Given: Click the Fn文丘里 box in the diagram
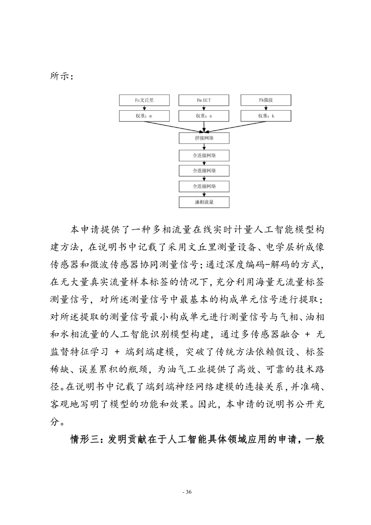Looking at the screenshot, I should pos(144,100).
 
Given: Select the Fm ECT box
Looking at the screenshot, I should pos(204,100).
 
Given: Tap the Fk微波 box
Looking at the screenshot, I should pos(266,100).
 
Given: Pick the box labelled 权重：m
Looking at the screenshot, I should pos(144,116).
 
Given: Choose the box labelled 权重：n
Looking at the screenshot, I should pos(204,116).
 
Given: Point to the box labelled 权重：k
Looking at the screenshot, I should pos(266,116).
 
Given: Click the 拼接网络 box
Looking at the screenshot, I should pos(204,138).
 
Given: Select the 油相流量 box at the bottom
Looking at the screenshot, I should pos(204,202).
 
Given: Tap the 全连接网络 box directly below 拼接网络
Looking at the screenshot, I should pos(204,155).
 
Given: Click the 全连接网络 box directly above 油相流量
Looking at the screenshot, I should pos(204,186).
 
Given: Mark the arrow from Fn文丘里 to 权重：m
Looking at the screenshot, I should pos(144,108).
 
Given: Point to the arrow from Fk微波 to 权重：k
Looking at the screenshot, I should pos(266,108).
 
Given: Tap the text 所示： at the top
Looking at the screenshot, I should pos(61,76).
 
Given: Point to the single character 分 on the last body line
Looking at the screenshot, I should pos(55,422).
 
